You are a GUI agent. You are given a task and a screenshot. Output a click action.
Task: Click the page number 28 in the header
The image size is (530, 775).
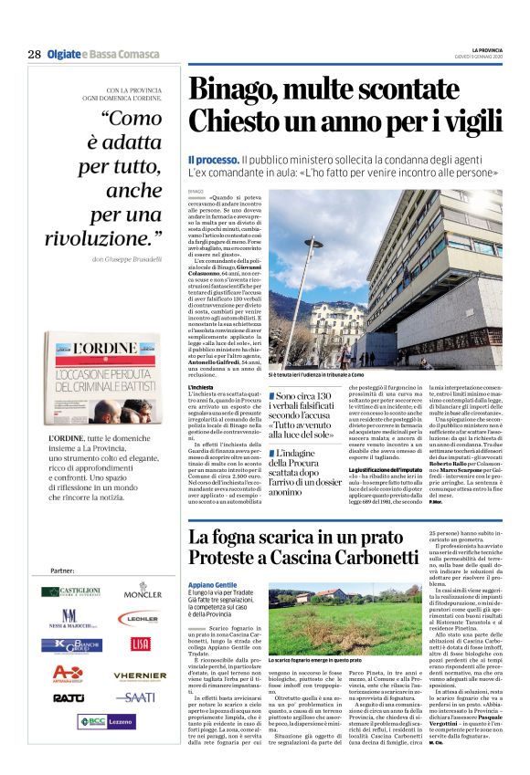(x=34, y=55)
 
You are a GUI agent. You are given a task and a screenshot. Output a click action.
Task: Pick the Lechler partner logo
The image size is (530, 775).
(x=143, y=619)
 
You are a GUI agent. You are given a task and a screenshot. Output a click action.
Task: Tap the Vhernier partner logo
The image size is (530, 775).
(x=140, y=675)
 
